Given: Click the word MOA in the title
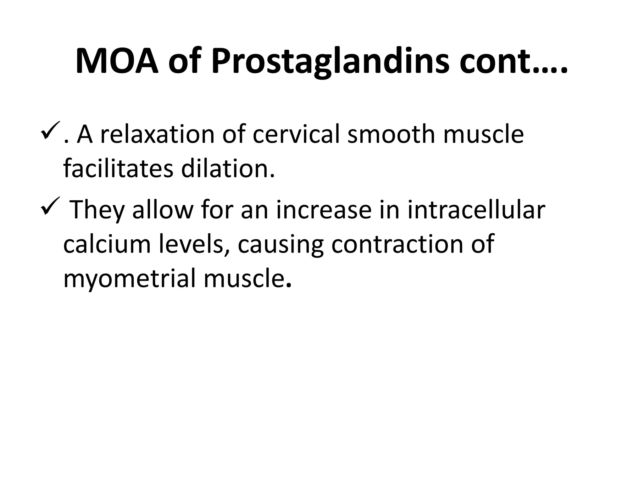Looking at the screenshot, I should [117, 61].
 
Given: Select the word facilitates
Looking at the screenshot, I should [118, 169].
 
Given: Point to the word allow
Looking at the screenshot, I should [162, 210].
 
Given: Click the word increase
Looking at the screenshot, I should [324, 210].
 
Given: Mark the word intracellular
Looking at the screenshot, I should [476, 210].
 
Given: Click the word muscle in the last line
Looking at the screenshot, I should [247, 279].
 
